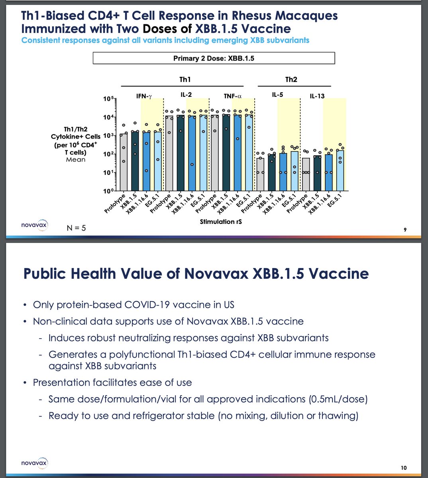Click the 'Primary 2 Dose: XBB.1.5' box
click(x=214, y=58)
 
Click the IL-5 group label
click(x=278, y=94)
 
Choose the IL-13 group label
click(x=317, y=96)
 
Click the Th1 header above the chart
click(x=185, y=80)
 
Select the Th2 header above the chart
click(x=291, y=80)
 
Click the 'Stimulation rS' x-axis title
click(x=221, y=221)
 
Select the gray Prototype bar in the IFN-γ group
click(x=124, y=162)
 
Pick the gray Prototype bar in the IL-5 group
click(x=260, y=174)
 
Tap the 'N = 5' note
click(x=76, y=228)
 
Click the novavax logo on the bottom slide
click(x=35, y=463)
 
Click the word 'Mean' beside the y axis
click(x=75, y=160)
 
